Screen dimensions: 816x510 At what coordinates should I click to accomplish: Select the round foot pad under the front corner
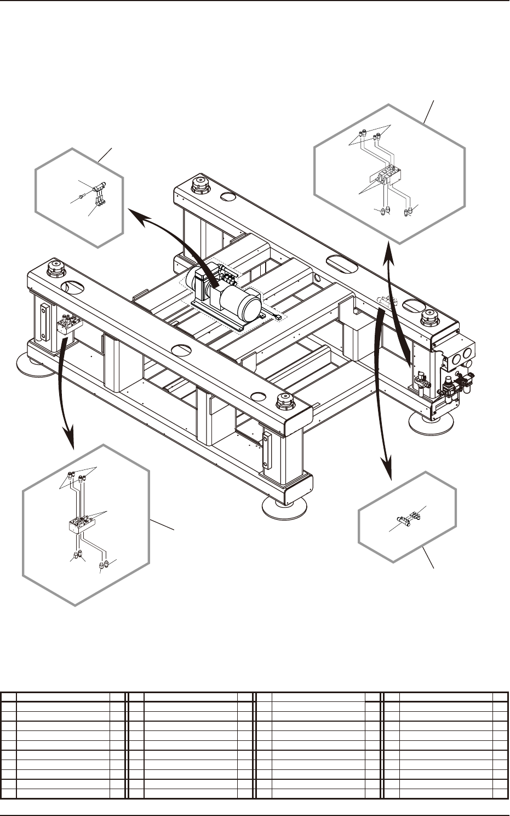[x=284, y=507]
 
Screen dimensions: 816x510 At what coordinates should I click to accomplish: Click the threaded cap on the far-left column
[x=55, y=270]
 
